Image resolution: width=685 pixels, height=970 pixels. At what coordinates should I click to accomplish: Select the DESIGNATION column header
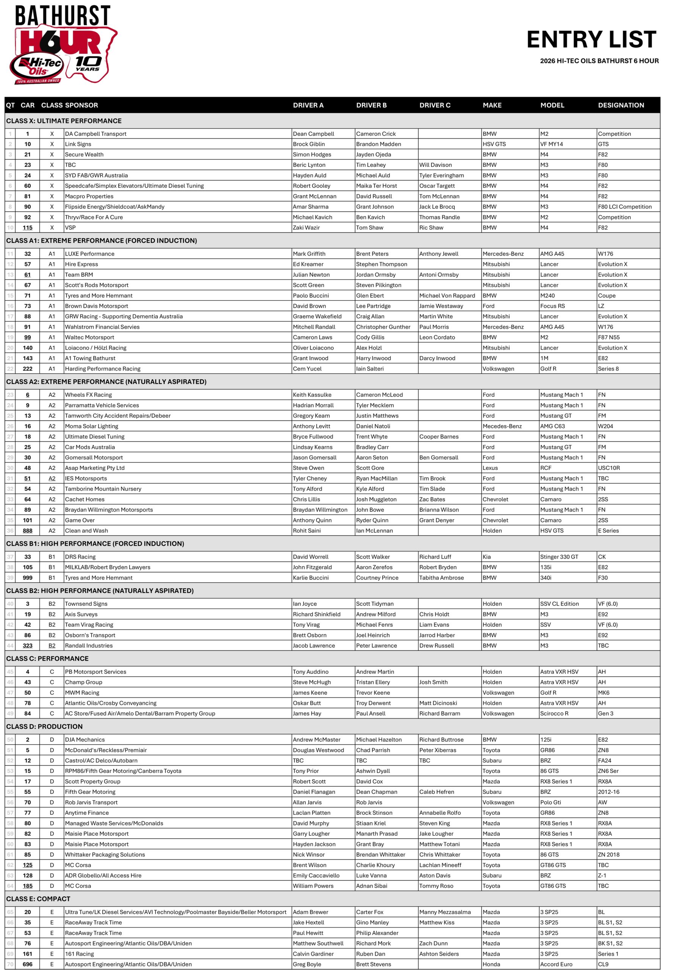pos(621,105)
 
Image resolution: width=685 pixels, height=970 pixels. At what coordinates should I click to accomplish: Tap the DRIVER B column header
pos(371,105)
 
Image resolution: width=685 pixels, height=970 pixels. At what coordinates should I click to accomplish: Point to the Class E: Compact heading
pos(38,899)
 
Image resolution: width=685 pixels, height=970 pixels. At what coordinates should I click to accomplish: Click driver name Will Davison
pos(435,165)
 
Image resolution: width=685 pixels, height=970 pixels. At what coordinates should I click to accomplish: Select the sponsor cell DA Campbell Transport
pos(95,134)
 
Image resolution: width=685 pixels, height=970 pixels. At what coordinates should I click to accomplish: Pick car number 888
pos(27,530)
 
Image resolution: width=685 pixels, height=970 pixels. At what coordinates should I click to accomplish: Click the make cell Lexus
pos(490,468)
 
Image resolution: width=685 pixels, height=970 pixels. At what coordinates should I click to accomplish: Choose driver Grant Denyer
pos(437,521)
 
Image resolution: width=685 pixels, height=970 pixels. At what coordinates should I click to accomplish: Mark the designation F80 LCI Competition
pos(625,207)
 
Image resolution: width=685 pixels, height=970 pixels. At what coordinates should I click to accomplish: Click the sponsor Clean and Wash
pos(86,530)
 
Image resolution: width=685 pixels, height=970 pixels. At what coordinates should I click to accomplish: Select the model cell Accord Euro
pos(556,964)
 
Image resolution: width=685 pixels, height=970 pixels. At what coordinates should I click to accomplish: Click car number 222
pos(27,369)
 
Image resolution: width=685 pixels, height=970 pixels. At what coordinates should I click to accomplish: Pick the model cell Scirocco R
pos(554,713)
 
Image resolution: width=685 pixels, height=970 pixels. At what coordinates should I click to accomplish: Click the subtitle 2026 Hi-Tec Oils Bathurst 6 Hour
pos(599,61)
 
